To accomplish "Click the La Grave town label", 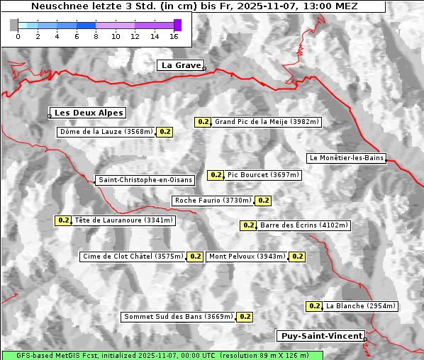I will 181,65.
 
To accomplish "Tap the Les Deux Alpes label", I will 89,113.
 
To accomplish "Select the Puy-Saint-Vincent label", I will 321,336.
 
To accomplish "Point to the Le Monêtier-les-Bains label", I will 346,157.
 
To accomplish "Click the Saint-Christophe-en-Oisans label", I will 145,180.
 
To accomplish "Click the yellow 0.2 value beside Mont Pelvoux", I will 297,257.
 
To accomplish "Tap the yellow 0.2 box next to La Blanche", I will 314,306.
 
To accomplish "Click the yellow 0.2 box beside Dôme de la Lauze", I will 164,132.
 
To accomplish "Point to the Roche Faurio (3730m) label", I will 213,201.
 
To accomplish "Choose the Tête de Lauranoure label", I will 123,220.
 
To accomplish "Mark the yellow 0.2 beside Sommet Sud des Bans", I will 245,317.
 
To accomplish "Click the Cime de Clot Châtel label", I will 133,257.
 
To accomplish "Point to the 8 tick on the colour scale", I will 96,36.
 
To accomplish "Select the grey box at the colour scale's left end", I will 14,25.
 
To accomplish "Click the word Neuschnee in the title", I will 57,6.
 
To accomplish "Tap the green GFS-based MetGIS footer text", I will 162,355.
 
